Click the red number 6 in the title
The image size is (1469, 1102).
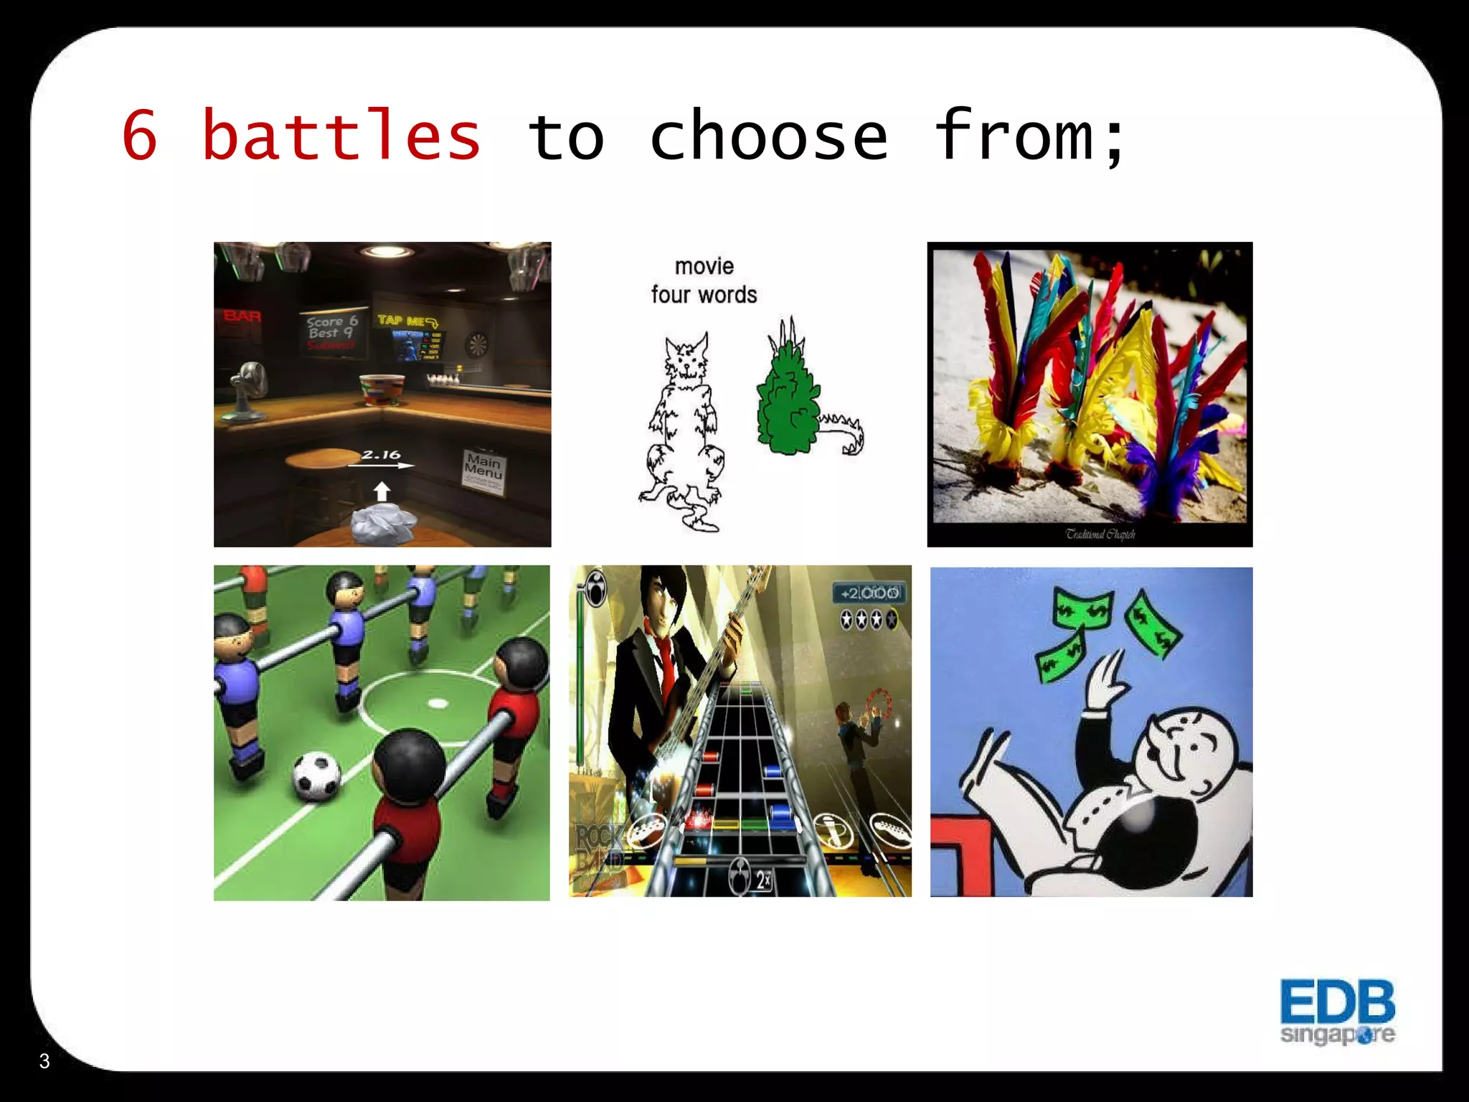[140, 136]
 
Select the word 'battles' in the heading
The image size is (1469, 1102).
[341, 136]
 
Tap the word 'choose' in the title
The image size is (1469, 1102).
[768, 136]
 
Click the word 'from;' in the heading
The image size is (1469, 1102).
[1029, 136]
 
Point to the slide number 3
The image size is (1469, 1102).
[44, 1061]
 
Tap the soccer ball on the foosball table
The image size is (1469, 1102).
[316, 776]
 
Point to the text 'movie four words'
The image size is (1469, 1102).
[704, 281]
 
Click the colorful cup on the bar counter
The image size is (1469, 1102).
[382, 390]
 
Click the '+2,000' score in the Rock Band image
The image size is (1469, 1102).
[869, 593]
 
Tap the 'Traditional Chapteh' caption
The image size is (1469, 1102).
[1100, 534]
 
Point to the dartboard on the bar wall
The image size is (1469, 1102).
[477, 345]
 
